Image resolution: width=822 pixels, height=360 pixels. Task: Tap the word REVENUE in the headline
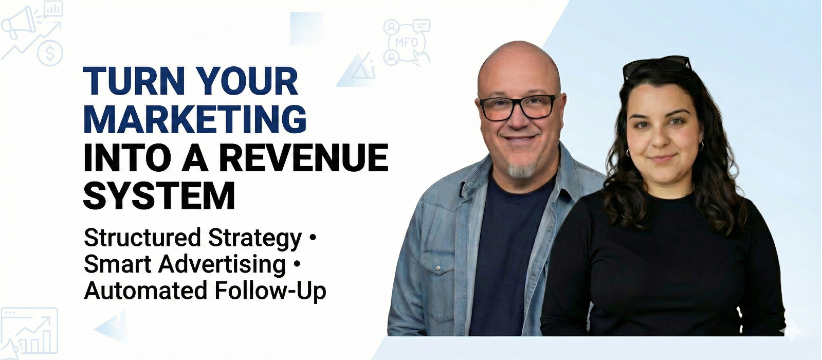[x=304, y=158]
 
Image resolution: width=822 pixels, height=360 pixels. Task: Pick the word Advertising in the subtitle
[x=222, y=264]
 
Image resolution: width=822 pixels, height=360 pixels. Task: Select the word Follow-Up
[x=270, y=291]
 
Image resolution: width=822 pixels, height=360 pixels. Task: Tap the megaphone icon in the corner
[x=19, y=23]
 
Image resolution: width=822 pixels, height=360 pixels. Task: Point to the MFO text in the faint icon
[x=407, y=43]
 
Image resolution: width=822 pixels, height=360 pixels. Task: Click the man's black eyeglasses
[x=518, y=107]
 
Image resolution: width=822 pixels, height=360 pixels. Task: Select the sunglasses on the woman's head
[x=657, y=67]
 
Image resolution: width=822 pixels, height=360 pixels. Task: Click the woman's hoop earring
[x=701, y=146]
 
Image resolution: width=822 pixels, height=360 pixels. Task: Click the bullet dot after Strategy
[x=313, y=238]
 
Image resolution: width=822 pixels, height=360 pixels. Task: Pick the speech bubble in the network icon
[x=422, y=25]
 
